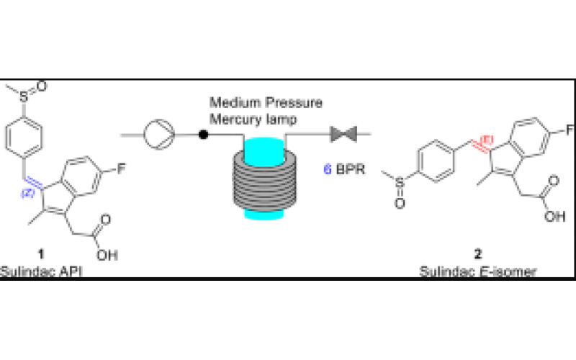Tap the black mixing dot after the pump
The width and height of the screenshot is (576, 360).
click(x=204, y=134)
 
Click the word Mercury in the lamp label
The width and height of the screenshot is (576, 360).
click(x=232, y=117)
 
